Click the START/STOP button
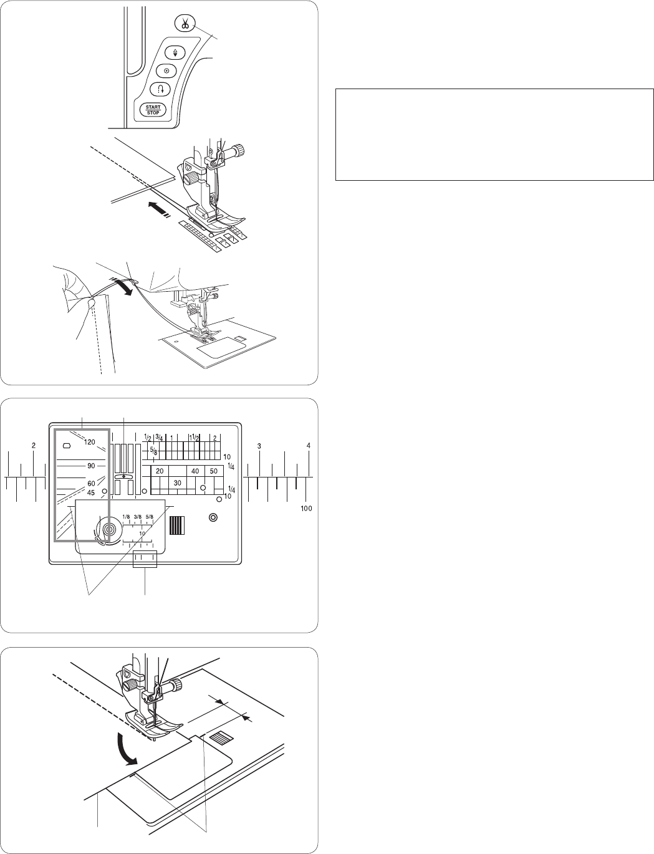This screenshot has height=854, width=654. (x=153, y=110)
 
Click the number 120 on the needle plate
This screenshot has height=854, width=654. (x=90, y=442)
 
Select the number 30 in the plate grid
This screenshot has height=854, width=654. (x=178, y=483)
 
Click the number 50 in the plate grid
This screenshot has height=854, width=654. (x=214, y=471)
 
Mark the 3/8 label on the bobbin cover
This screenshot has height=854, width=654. (x=138, y=516)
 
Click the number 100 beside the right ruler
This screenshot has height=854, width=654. (x=306, y=508)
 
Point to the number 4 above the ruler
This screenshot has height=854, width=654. (x=308, y=446)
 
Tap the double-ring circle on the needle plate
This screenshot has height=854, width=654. (x=213, y=517)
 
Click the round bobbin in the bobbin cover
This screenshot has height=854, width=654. (x=109, y=529)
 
